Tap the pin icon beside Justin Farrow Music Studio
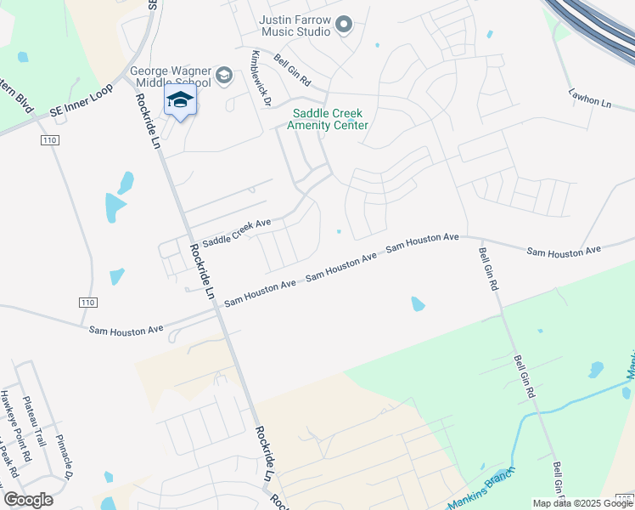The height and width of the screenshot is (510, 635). (x=344, y=25)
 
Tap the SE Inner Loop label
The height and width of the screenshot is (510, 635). (x=81, y=103)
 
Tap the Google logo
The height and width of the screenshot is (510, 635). (x=28, y=500)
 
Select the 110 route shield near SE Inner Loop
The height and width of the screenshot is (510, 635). (x=45, y=139)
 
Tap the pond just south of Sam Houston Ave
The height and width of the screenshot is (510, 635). (x=417, y=303)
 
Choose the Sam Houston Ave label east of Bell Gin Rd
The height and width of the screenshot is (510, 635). (x=563, y=251)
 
